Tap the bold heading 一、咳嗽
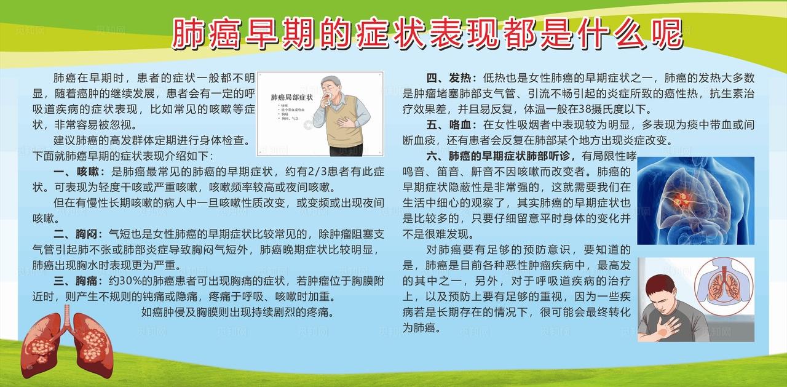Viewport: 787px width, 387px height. pos(80,170)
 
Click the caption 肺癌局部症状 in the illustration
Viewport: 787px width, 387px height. pos(292,97)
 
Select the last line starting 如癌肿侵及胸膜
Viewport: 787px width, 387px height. pos(237,313)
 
